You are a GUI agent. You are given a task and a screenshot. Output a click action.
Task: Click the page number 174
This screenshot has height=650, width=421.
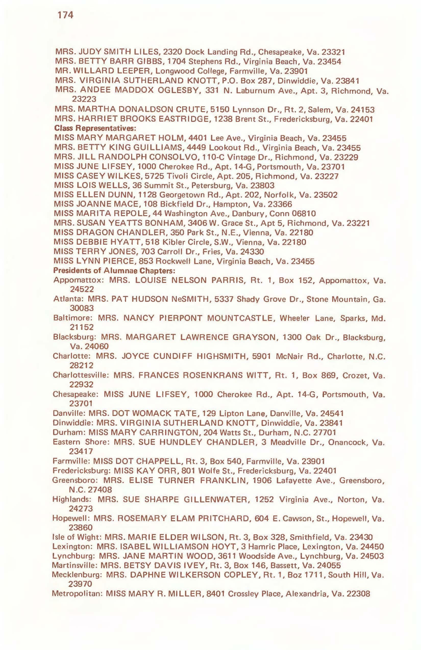66,15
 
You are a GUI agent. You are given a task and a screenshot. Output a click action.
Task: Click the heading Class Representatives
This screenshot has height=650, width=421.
95,128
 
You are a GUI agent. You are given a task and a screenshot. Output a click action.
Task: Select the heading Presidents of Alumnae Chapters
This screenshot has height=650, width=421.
114,271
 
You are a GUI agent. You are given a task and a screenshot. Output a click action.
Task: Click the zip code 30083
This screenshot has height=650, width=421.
82,308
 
